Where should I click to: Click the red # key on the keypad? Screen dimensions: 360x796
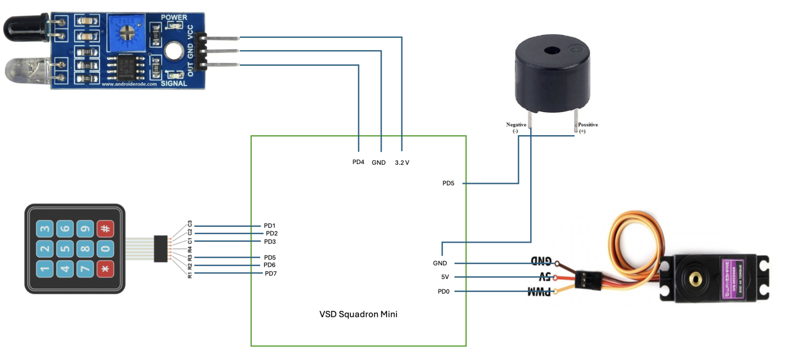(106, 228)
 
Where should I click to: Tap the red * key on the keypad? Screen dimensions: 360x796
(106, 269)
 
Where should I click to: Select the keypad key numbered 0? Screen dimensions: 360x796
(106, 249)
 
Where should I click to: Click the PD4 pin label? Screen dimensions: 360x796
(358, 162)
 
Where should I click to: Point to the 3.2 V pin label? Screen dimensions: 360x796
(402, 162)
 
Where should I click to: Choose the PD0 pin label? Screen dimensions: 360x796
(443, 292)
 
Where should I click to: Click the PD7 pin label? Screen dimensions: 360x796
(271, 273)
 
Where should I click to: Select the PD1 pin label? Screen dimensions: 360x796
(269, 226)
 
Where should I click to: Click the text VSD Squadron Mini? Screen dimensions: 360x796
(358, 314)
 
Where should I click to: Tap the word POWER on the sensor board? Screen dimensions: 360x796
(174, 17)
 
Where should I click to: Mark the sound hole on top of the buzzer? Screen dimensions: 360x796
(550, 51)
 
